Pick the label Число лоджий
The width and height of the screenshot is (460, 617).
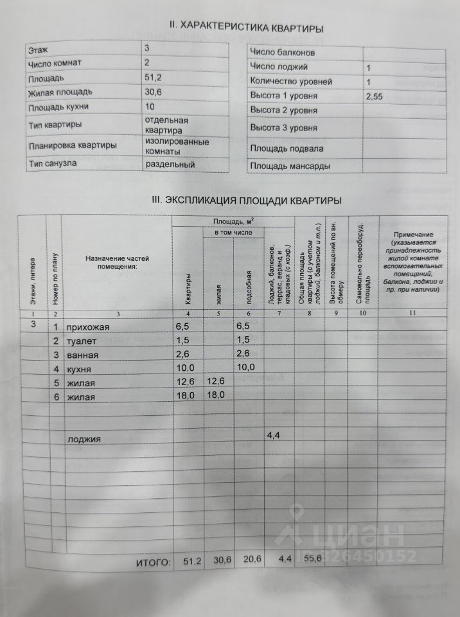pos(278,67)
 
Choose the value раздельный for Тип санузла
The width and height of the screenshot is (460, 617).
pos(170,163)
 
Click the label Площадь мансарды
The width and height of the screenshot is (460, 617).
pos(290,166)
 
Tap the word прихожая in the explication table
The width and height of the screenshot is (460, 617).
pos(89,327)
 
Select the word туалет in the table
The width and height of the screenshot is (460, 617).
pos(82,341)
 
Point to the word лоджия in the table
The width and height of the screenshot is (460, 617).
pos(84,440)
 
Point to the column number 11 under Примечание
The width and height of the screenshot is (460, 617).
pos(412,313)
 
